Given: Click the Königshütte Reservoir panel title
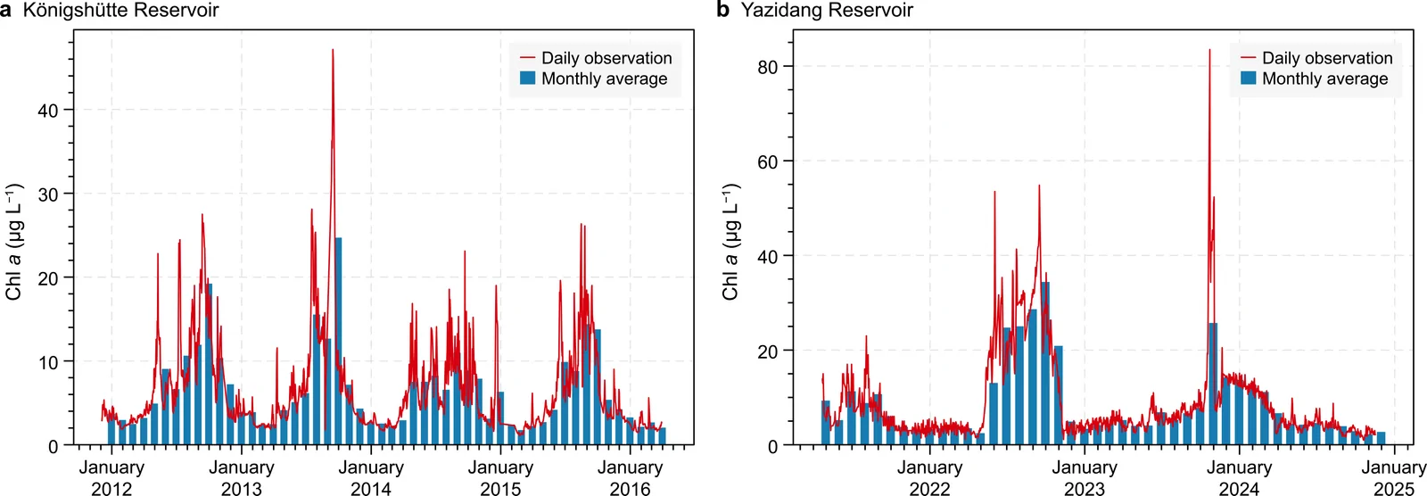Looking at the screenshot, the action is tap(121, 10).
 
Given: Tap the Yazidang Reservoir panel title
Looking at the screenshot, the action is tap(827, 10).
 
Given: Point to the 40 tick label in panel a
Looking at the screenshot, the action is tap(48, 111).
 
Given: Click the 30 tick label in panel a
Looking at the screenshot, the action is tap(48, 194).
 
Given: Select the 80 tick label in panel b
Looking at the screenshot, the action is tap(768, 67).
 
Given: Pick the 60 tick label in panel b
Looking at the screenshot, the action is tap(768, 161).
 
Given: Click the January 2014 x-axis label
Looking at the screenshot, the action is tap(371, 478).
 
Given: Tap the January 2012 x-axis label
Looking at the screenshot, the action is tap(111, 478).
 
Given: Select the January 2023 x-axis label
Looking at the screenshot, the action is tap(1085, 478).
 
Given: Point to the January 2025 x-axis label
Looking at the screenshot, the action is tap(1394, 478).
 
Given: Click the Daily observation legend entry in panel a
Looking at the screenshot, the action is tap(596, 58).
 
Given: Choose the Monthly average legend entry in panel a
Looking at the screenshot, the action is tap(594, 79).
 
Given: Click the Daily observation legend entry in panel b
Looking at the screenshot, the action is tap(1316, 58).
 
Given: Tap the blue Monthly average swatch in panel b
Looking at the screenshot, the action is tap(1248, 78).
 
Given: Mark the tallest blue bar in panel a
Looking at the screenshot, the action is tap(338, 341).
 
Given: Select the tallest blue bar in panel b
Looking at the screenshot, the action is tap(1044, 363).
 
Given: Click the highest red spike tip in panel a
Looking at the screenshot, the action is tap(333, 50).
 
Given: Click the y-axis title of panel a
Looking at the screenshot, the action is tap(14, 243).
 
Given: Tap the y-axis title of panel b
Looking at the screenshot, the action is tap(730, 243).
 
